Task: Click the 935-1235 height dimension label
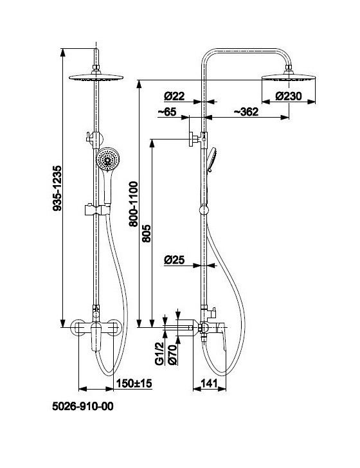coord(57,188)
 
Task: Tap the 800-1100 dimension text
coord(134,204)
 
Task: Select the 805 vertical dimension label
coord(147,233)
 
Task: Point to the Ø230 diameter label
coord(289,96)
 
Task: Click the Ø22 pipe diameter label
coord(174,96)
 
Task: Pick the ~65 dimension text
coord(167,112)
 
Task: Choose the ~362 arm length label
coord(246,112)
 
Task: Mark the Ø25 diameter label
coord(174,260)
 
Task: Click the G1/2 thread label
coord(159,354)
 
